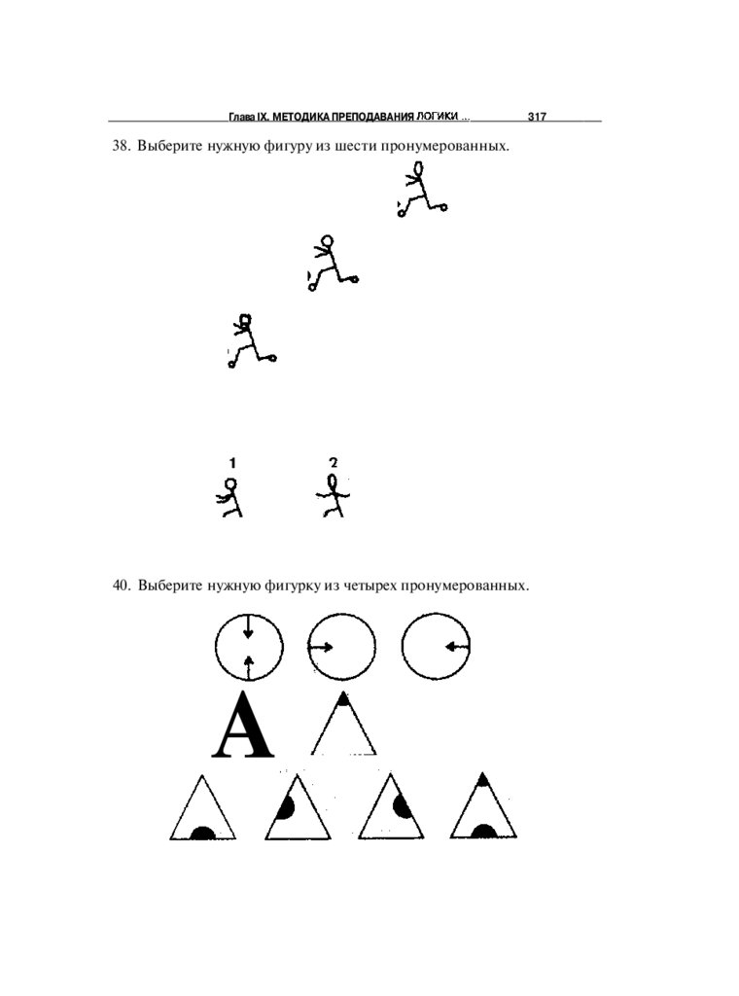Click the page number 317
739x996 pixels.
(x=537, y=117)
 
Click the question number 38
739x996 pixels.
(x=121, y=147)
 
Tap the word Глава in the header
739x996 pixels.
(x=241, y=117)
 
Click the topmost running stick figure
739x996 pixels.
(x=421, y=189)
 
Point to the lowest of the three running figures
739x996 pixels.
(x=250, y=340)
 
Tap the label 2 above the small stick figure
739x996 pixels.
(x=334, y=463)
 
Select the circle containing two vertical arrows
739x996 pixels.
(x=249, y=647)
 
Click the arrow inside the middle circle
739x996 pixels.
(x=323, y=647)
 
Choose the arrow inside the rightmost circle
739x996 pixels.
(x=456, y=647)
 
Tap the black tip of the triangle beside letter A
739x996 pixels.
(x=343, y=698)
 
